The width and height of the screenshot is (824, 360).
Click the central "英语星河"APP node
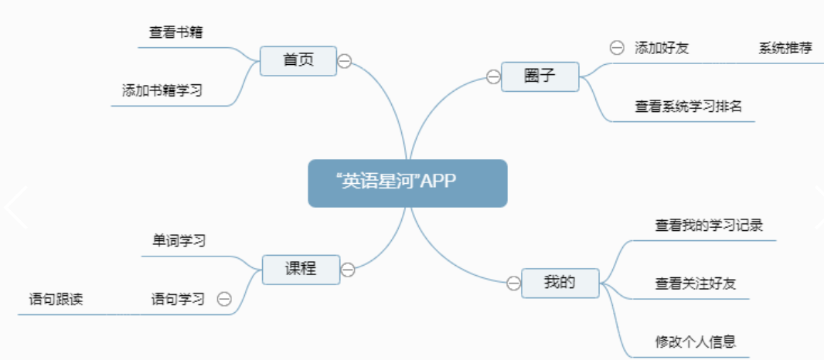tap(407, 183)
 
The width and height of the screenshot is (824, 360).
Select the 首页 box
tap(298, 61)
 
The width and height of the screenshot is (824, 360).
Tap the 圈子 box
tap(540, 76)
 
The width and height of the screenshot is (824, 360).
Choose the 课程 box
tap(300, 268)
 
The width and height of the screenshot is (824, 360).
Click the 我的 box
tap(560, 283)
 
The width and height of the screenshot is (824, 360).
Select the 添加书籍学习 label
tap(162, 90)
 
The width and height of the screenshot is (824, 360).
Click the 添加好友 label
tap(662, 48)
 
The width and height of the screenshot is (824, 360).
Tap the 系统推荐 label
tap(785, 48)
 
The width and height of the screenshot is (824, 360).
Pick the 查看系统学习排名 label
tap(689, 107)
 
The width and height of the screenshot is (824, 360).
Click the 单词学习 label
tap(179, 240)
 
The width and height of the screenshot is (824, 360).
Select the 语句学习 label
tap(178, 299)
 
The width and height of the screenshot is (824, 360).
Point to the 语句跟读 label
tap(56, 299)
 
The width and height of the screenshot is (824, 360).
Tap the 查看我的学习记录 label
tap(710, 226)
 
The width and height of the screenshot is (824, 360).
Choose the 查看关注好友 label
tap(696, 284)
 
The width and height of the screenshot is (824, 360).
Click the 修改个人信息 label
tap(695, 341)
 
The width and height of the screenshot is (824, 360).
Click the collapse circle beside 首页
tap(345, 61)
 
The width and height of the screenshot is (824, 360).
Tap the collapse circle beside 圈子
tap(493, 76)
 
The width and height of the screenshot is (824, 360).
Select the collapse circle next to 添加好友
tap(617, 47)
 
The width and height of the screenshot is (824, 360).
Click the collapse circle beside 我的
tap(513, 284)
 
